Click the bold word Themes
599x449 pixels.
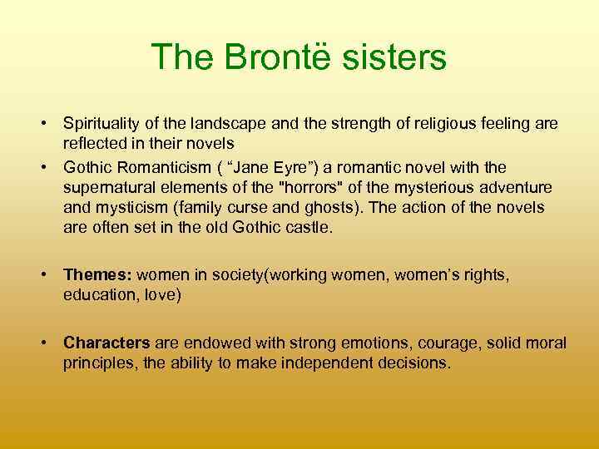pos(98,274)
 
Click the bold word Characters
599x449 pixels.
pos(106,343)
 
